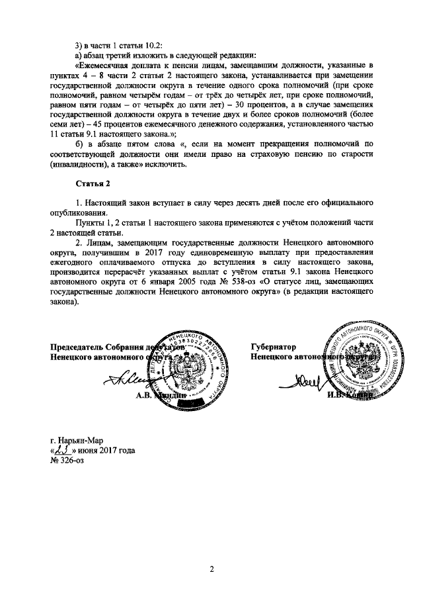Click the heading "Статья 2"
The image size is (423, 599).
[x=94, y=183]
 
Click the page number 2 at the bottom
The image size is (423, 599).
[x=211, y=568]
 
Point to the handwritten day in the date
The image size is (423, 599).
[x=63, y=450]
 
